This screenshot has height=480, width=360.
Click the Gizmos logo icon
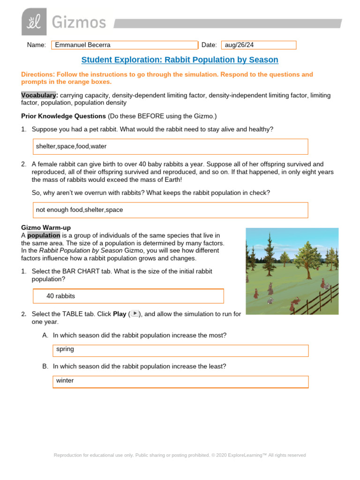[34, 22]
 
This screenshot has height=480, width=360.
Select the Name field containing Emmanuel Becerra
[125, 45]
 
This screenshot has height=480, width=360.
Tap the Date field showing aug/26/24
[259, 45]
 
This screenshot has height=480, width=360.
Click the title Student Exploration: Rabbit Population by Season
[180, 60]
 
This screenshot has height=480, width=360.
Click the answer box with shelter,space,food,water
[170, 146]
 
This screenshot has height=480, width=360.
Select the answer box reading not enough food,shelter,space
[170, 210]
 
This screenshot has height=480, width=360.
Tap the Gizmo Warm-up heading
[46, 228]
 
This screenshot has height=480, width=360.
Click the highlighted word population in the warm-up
[44, 235]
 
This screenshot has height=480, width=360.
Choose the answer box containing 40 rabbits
[128, 296]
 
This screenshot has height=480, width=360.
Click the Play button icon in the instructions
[135, 314]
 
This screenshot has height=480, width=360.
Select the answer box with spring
[180, 350]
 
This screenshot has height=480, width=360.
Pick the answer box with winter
[180, 381]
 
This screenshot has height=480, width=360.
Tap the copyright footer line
[180, 455]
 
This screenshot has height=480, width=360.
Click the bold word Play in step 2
[120, 314]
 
